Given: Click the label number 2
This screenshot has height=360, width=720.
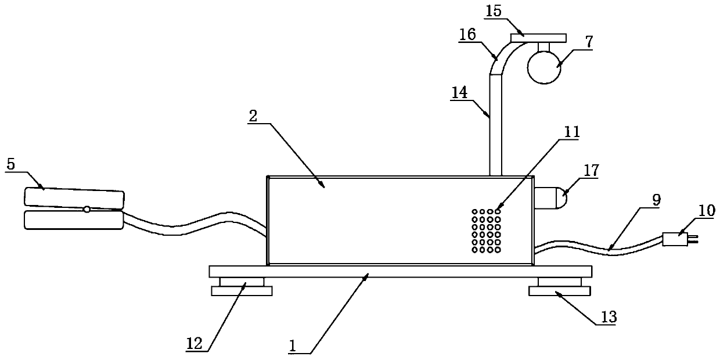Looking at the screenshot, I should coord(253,115).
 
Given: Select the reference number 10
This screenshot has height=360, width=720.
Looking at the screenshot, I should coord(707,210).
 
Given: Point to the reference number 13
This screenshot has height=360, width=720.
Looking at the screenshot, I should coord(609,317).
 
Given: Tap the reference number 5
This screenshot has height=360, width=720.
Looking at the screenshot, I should coord(11,164).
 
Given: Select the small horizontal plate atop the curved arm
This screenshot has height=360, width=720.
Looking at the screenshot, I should coord(538,38).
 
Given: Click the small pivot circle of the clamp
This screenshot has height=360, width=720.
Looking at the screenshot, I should coord(87,209).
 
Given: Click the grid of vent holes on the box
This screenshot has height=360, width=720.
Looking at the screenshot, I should coord(486,231).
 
